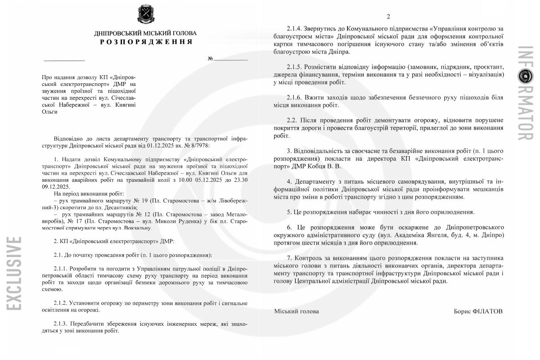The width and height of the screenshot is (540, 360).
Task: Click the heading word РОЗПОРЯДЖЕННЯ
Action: pyautogui.click(x=146, y=42)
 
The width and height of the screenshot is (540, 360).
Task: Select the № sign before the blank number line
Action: pyautogui.click(x=210, y=59)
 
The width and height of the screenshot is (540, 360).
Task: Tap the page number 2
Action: pyautogui.click(x=388, y=17)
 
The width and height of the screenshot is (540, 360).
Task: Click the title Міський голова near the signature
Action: pyautogui.click(x=297, y=311)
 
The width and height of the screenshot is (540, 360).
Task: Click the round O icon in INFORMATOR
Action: pyautogui.click(x=525, y=77)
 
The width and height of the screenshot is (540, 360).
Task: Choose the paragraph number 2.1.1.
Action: pyautogui.click(x=62, y=268)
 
